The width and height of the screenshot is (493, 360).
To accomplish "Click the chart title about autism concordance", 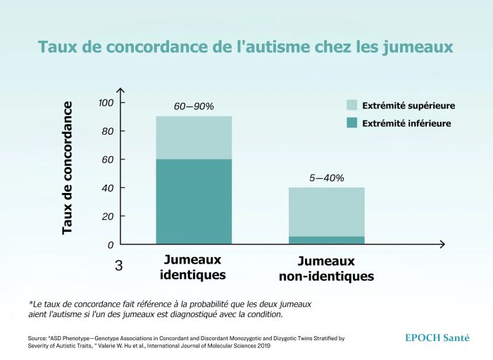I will click(x=245, y=47).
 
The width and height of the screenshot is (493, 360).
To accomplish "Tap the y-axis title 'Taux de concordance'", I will click(x=68, y=168).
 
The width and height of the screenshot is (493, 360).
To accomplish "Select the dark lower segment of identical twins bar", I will click(x=194, y=201).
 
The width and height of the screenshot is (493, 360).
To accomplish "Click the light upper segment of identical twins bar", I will click(x=194, y=137).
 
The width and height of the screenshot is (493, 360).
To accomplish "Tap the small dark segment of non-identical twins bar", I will click(x=327, y=240).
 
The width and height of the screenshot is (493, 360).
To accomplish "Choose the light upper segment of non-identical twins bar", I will click(x=327, y=211).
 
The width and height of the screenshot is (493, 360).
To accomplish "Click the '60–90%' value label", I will click(x=194, y=106).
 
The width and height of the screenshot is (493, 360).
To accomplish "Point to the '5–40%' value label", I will click(x=327, y=178).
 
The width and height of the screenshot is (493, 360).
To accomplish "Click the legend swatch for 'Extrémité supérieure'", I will click(x=352, y=106).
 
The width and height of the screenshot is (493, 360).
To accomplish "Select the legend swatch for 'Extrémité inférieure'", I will click(x=352, y=123).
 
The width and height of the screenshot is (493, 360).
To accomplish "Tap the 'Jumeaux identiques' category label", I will click(x=193, y=267).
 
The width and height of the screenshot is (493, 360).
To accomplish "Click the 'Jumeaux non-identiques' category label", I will click(x=326, y=268).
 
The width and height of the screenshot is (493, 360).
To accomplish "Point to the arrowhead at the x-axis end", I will click(x=442, y=244).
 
